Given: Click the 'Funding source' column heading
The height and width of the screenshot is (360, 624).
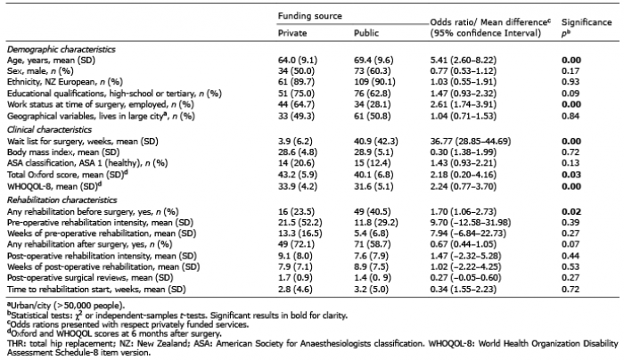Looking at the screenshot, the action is click(x=309, y=16).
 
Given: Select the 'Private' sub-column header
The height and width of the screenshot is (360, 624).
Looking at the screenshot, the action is click(x=292, y=33).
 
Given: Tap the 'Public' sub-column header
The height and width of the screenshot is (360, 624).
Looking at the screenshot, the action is click(x=366, y=33).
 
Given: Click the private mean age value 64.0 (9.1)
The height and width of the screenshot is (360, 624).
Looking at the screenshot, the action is click(x=298, y=60).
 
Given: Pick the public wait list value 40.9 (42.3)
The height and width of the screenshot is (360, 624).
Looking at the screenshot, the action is click(x=375, y=141).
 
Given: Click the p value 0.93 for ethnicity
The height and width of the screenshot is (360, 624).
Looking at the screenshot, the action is click(x=571, y=82).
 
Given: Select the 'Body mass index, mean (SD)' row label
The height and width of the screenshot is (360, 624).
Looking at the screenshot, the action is click(x=63, y=152).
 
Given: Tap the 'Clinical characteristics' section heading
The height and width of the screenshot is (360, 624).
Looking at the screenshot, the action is click(x=49, y=130).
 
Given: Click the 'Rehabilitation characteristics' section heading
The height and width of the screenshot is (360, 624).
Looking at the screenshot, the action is click(x=62, y=200).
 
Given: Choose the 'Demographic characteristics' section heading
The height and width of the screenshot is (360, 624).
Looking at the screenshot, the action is click(x=62, y=49).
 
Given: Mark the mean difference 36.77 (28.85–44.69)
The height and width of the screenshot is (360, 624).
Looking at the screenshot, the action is click(x=471, y=141).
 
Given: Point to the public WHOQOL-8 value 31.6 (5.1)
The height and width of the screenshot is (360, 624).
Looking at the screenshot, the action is click(x=374, y=186).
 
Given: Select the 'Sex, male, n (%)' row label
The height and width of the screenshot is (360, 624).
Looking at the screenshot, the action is click(x=40, y=70).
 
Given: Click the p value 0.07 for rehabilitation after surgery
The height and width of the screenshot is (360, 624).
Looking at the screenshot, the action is click(x=571, y=244).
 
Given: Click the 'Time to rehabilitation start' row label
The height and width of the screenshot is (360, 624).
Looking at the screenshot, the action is click(x=96, y=290).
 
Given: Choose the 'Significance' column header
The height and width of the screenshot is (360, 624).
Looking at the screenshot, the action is click(x=587, y=22).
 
